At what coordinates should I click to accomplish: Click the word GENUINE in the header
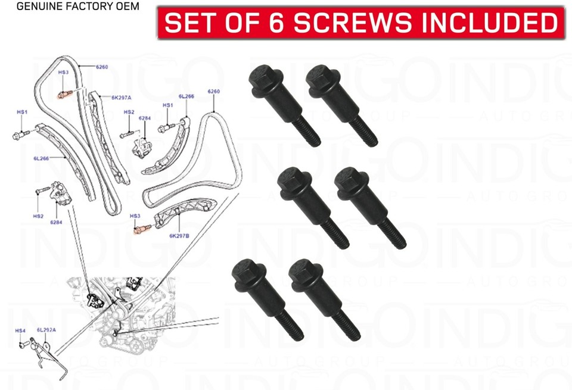37,7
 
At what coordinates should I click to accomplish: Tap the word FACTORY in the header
86,7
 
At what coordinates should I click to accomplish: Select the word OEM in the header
128,7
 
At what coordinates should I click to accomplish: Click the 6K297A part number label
121,97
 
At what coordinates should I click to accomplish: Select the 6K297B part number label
179,236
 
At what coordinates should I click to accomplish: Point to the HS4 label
20,330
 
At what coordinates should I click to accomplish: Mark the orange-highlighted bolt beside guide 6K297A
63,93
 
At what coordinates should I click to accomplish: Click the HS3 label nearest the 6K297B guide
135,216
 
